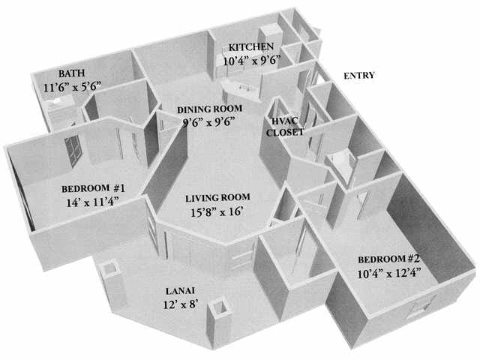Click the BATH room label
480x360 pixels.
pos(71,73)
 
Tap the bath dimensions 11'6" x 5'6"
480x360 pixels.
pos(73,87)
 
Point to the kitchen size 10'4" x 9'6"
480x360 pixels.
pos(251,61)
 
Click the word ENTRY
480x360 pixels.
pos(359,76)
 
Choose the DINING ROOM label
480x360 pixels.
pos(209,109)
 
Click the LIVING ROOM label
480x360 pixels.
pos(218,198)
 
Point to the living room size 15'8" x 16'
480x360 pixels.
pos(217,211)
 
